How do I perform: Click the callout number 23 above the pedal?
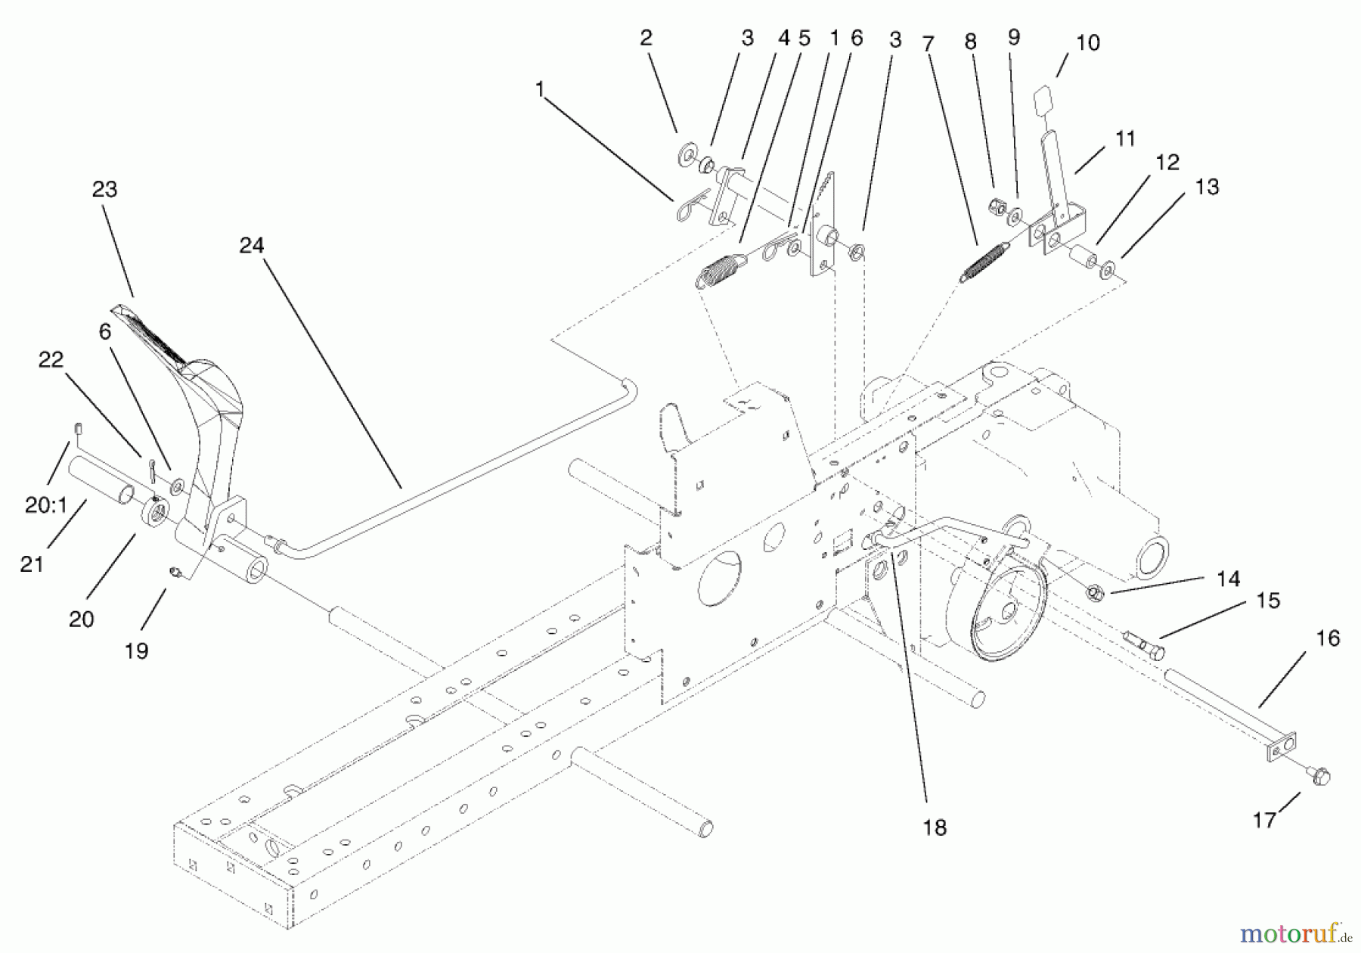click(104, 189)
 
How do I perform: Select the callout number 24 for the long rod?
click(252, 245)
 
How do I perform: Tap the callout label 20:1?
click(46, 505)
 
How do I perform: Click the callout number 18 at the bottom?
click(935, 827)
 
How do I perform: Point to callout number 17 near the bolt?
click(1264, 819)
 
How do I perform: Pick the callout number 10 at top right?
click(1087, 43)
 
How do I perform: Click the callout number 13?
click(1207, 187)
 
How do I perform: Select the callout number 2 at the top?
click(646, 38)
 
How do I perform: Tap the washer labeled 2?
click(687, 156)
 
